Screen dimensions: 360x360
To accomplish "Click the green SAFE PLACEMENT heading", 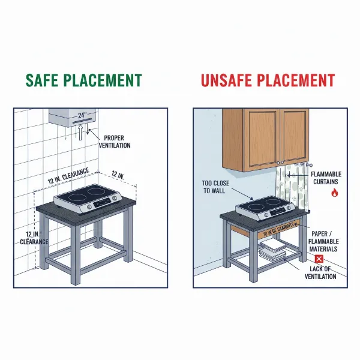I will click(x=83, y=80).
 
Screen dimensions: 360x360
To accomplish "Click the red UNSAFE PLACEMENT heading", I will click(x=268, y=80).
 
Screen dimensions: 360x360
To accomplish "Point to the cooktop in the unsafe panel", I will click(x=266, y=209).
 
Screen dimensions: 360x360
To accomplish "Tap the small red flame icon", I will click(x=334, y=193).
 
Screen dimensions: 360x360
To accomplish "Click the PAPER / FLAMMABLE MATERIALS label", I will click(x=324, y=240).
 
